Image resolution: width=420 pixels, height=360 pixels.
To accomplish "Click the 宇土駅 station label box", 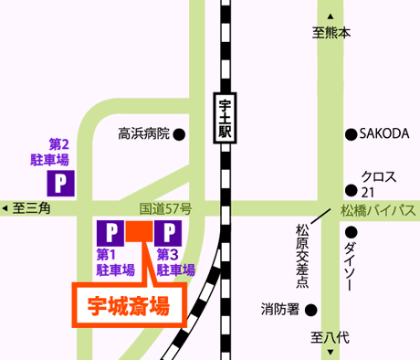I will point(224,119).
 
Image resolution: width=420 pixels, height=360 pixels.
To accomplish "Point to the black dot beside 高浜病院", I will point(180,134).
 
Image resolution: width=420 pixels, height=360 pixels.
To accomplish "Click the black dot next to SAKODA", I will point(351,134).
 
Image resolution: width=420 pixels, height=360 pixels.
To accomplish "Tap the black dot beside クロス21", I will point(351,190).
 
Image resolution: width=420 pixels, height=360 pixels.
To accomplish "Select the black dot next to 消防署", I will point(310,309).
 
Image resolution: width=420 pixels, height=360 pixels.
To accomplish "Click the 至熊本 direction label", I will point(331,32).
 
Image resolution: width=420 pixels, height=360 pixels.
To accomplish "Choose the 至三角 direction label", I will point(32,209).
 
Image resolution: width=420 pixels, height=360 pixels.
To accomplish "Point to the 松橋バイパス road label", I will point(378,211).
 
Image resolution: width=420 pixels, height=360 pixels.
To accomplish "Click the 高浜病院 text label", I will point(144,134).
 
